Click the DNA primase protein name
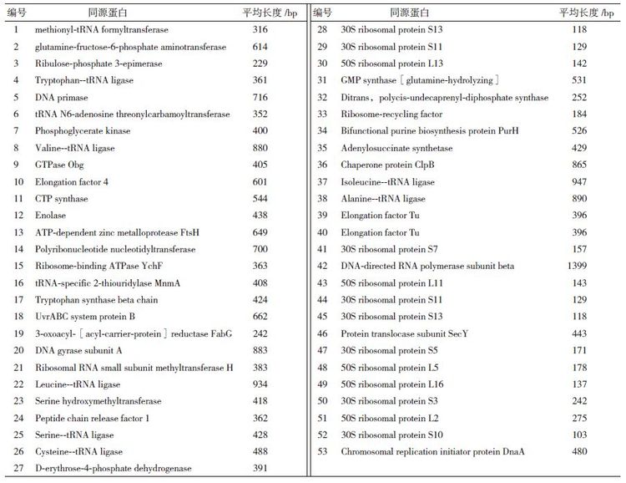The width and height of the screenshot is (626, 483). pos(63,97)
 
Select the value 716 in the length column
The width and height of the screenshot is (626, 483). pos(260,97)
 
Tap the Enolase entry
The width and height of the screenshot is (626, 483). pos(51,216)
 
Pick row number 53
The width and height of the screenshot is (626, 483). pos(322,452)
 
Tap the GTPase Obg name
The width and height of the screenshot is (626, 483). pos(59,165)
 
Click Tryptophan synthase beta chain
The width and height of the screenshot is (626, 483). pos(96,300)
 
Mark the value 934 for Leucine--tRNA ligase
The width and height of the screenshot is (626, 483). pos(260,384)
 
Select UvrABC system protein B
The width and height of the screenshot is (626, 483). pos(85,317)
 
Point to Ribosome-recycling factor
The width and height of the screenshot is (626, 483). pos(391,114)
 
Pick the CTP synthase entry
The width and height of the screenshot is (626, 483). pos(61,199)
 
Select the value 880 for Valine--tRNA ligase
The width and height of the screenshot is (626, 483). pos(260,148)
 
